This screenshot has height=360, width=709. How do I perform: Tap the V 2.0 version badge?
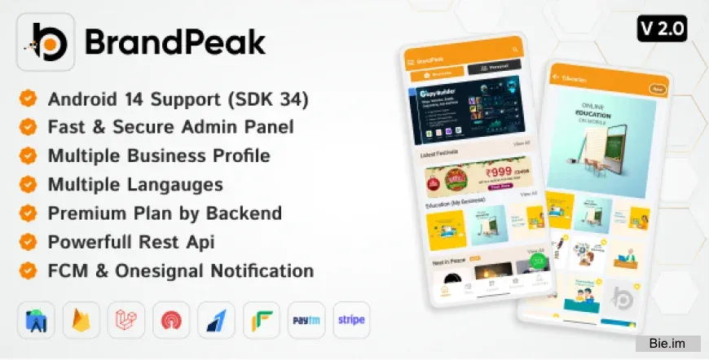click(x=663, y=29)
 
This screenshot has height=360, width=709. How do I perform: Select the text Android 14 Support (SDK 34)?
click(x=178, y=100)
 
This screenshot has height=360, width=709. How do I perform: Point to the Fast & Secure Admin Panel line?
click(x=170, y=127)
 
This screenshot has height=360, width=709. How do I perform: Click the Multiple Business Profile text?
click(x=159, y=155)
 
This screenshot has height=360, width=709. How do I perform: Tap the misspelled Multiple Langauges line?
click(x=135, y=184)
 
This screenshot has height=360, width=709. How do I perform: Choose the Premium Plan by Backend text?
click(x=165, y=213)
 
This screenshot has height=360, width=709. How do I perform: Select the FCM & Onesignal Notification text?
click(x=181, y=270)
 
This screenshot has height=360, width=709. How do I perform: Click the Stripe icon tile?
click(x=351, y=319)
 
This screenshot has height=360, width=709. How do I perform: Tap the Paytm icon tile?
click(x=306, y=319)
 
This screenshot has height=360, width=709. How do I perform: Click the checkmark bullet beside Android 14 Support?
click(x=29, y=100)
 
